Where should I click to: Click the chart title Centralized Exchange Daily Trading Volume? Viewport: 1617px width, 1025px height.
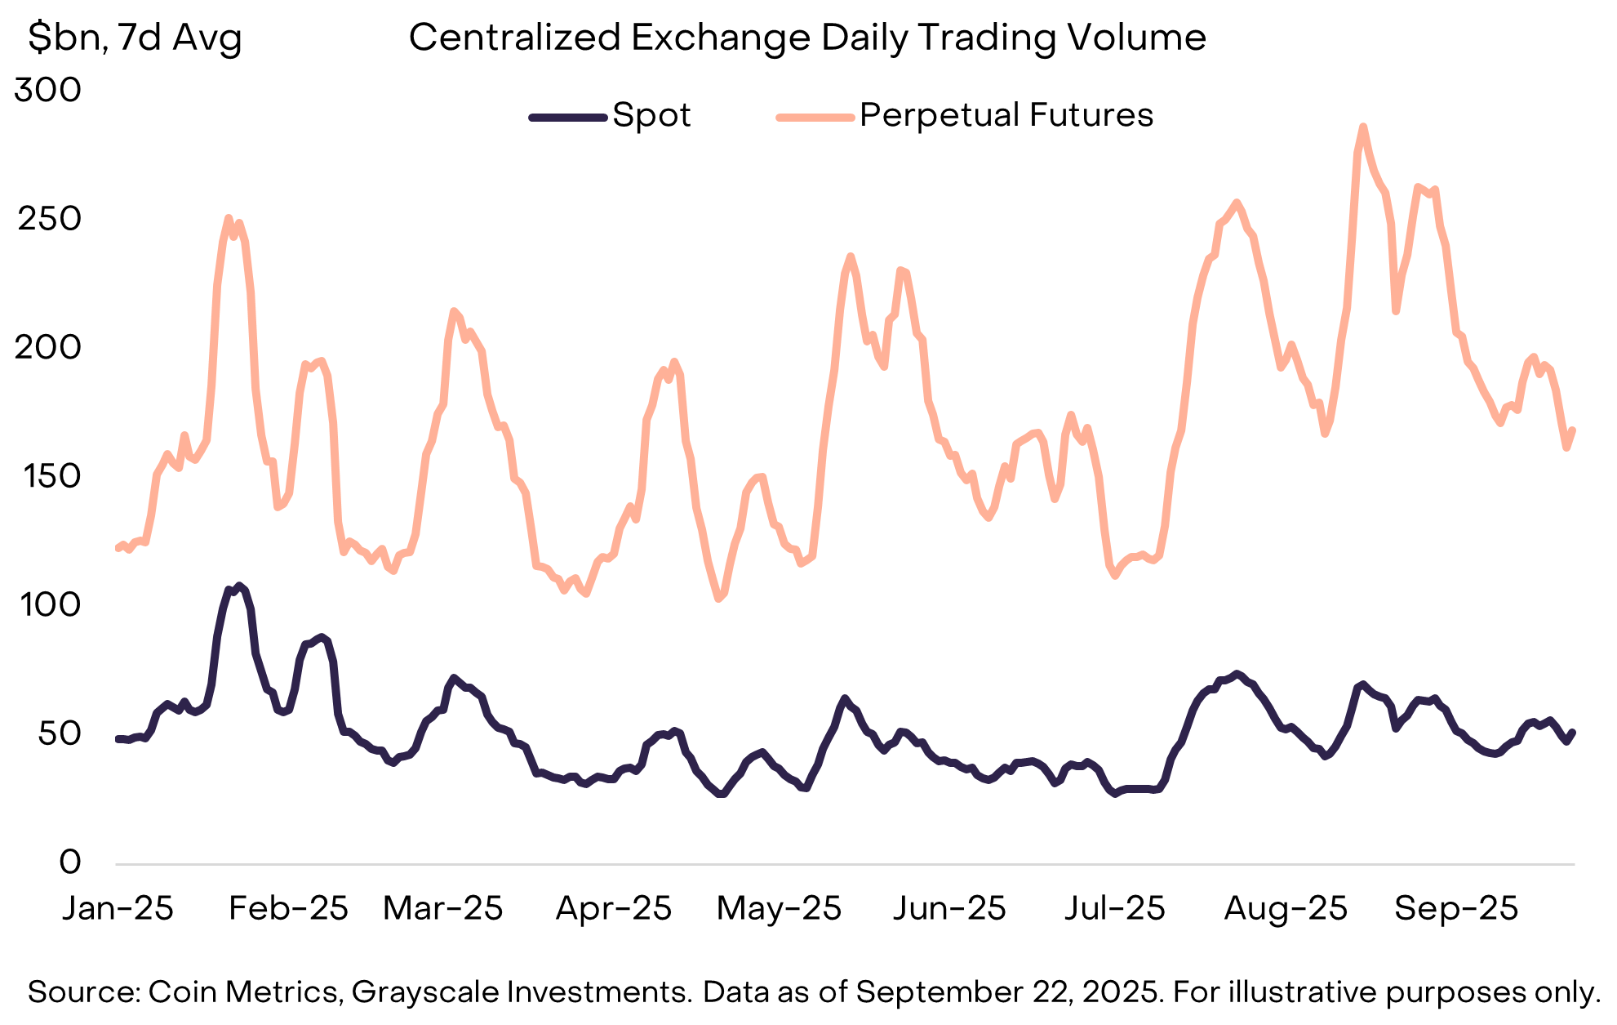point(806,38)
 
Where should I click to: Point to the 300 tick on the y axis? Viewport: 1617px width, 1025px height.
point(48,90)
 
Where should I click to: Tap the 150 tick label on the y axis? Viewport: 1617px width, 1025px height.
point(48,476)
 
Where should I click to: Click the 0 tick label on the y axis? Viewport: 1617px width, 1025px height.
point(70,862)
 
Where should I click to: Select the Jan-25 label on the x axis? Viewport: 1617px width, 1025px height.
point(118,908)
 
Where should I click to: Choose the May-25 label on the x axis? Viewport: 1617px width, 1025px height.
point(778,908)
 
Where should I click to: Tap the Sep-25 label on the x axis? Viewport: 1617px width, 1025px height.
point(1455,908)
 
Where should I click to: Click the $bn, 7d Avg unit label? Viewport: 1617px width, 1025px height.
point(135,38)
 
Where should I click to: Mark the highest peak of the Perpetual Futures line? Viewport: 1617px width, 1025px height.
point(1362,127)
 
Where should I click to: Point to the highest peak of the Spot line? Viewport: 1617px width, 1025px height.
point(238,586)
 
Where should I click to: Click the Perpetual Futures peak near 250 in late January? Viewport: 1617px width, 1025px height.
point(229,218)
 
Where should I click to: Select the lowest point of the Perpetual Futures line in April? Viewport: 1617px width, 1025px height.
point(719,599)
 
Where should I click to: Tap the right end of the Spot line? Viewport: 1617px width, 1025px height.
point(1573,732)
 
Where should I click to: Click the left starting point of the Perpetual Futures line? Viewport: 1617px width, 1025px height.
point(118,548)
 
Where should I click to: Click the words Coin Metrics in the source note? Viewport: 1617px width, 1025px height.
point(242,992)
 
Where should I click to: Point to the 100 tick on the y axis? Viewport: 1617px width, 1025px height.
point(48,605)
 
